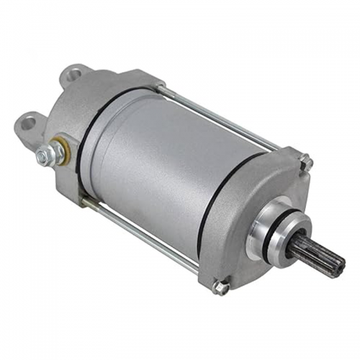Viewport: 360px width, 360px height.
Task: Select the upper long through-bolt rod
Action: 216,115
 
